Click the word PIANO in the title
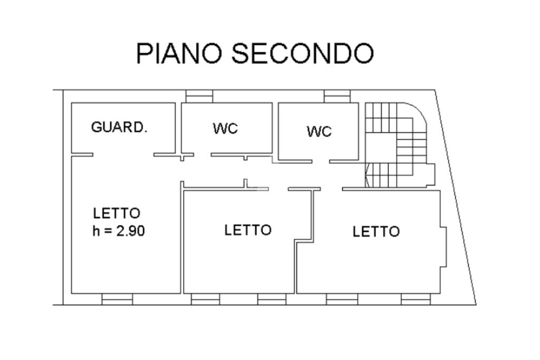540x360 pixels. pyautogui.click(x=180, y=54)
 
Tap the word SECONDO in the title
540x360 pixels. pyautogui.click(x=303, y=54)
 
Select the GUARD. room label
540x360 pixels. pyautogui.click(x=119, y=128)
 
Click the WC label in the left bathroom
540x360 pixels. pyautogui.click(x=226, y=129)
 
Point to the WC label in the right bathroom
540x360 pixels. pyautogui.click(x=320, y=131)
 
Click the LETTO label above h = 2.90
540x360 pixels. pyautogui.click(x=117, y=214)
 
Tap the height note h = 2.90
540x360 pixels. pyautogui.click(x=119, y=231)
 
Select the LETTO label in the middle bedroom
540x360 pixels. pyautogui.click(x=247, y=230)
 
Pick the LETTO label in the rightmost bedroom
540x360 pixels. pyautogui.click(x=376, y=232)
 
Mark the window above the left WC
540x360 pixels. pyautogui.click(x=199, y=96)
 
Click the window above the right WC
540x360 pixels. pyautogui.click(x=337, y=96)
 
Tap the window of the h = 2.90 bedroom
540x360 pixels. pyautogui.click(x=117, y=299)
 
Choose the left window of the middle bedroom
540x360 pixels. pyautogui.click(x=205, y=299)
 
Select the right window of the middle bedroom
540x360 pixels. pyautogui.click(x=272, y=299)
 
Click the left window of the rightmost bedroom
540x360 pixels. pyautogui.click(x=342, y=299)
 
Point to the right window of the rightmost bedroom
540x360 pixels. pyautogui.click(x=416, y=299)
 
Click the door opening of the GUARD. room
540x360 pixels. pyautogui.click(x=123, y=154)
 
